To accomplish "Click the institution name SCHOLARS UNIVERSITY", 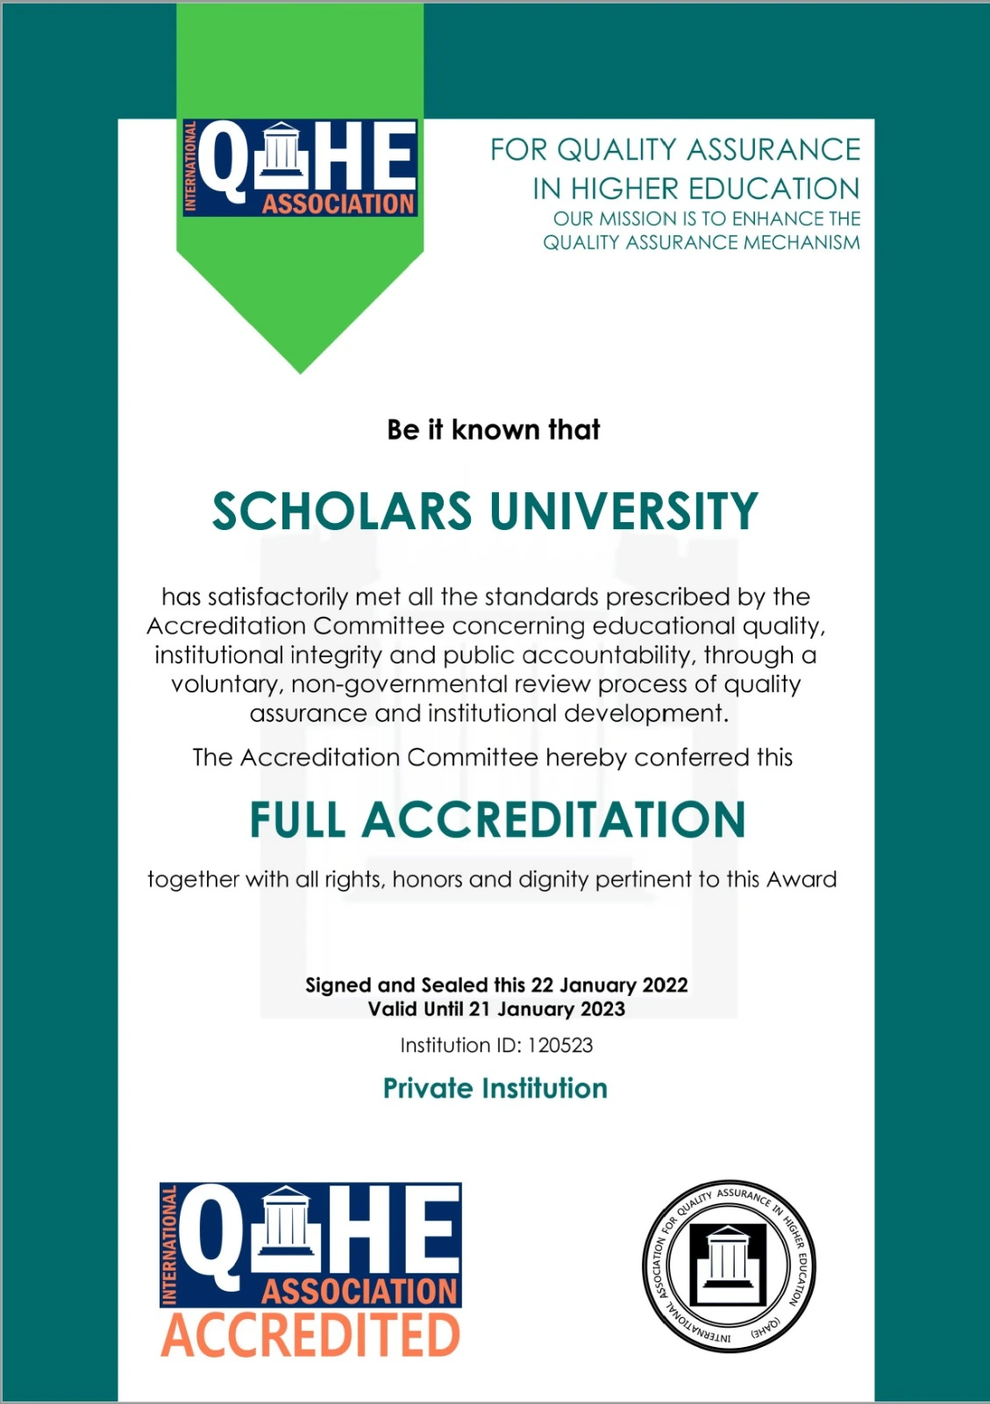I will point(485,512).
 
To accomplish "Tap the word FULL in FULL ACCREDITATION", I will point(297,820).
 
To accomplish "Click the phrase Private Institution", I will point(495,1088).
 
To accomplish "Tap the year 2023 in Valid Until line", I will point(602,1009).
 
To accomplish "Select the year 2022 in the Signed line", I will point(665,985).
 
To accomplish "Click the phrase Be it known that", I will point(494,430).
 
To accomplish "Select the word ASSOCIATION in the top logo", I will point(338,204).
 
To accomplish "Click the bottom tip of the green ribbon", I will point(300,371).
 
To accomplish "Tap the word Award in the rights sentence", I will point(801,879).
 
